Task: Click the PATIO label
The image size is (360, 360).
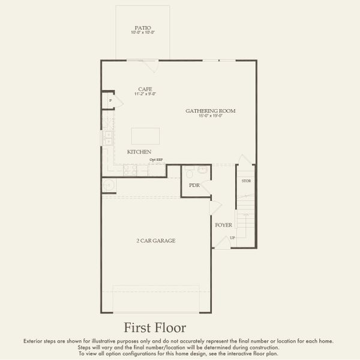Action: pos(143,27)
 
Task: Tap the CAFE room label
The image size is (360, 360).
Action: pos(145,89)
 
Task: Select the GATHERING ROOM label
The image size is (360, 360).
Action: pos(210,111)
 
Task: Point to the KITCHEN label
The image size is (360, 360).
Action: pos(139,152)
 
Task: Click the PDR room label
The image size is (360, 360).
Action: pos(194,185)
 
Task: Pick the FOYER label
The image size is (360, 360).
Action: pos(224,225)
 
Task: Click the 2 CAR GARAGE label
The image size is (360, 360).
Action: pos(155,241)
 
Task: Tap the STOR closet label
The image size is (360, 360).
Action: pos(246,181)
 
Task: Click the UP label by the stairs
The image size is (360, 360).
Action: pos(232,238)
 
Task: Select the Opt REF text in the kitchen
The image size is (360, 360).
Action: pos(156,160)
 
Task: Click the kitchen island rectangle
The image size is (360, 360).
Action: pos(146,136)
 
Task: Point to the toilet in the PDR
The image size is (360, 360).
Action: pos(189,173)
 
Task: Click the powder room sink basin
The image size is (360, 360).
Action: pos(203,170)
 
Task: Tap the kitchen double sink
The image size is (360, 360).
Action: pos(106,139)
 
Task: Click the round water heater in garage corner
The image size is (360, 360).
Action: pos(108,185)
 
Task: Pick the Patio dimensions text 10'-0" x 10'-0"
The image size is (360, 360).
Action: pos(143,32)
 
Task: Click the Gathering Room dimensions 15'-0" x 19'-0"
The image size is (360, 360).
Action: pos(210,116)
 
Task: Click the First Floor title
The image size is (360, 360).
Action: pos(155,328)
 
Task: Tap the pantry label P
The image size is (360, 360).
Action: pos(110,101)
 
